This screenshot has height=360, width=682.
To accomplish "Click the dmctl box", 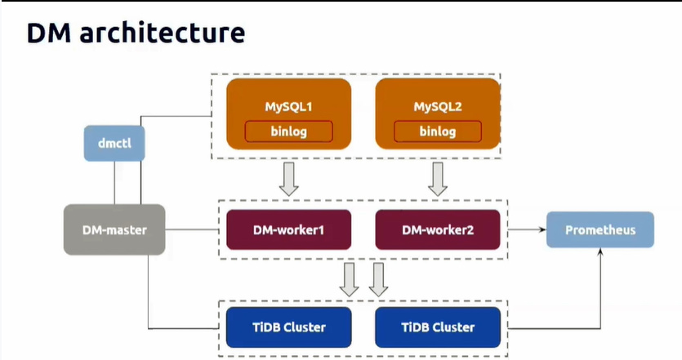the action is [x=114, y=144].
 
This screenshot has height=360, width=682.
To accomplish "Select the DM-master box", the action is [x=114, y=229].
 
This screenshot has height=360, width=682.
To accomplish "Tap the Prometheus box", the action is [x=600, y=229].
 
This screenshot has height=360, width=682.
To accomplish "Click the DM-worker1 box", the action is [x=289, y=229].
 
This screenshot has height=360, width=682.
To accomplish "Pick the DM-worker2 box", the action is [x=438, y=229].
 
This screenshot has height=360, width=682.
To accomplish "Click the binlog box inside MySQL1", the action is [x=289, y=131].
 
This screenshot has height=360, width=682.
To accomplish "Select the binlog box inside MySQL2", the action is [x=438, y=131].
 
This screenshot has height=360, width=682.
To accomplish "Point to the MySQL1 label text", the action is [x=289, y=106].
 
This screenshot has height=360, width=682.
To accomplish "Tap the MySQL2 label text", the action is [x=438, y=106].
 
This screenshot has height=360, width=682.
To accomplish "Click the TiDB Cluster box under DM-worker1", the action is [x=289, y=327].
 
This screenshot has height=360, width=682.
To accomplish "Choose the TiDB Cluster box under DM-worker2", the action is [x=438, y=327].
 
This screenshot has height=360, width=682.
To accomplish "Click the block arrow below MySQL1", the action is [x=289, y=179].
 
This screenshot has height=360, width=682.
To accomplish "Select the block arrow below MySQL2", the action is [x=438, y=179].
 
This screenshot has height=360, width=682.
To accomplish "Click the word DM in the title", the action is [x=48, y=33].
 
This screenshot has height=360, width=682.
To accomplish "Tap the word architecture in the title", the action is [x=163, y=33].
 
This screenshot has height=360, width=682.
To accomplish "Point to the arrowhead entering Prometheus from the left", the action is [x=543, y=229].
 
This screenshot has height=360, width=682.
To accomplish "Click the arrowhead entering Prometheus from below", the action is [x=600, y=251].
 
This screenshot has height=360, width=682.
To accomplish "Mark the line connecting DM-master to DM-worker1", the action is [x=192, y=229].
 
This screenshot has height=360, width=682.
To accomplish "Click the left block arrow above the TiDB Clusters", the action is [x=349, y=279].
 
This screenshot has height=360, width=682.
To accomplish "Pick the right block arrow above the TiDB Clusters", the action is [x=378, y=279].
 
